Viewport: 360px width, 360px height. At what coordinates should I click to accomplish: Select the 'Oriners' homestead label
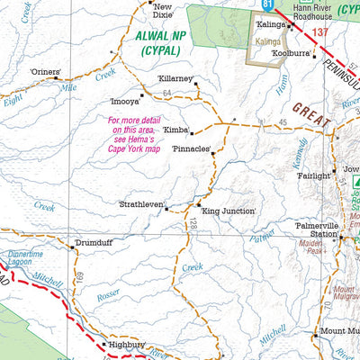[x=45, y=71]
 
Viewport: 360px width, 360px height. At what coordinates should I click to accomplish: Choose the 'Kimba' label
[x=175, y=130]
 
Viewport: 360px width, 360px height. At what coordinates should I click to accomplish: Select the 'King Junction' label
[x=229, y=211]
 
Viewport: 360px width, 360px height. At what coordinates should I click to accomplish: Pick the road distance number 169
[x=79, y=274]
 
